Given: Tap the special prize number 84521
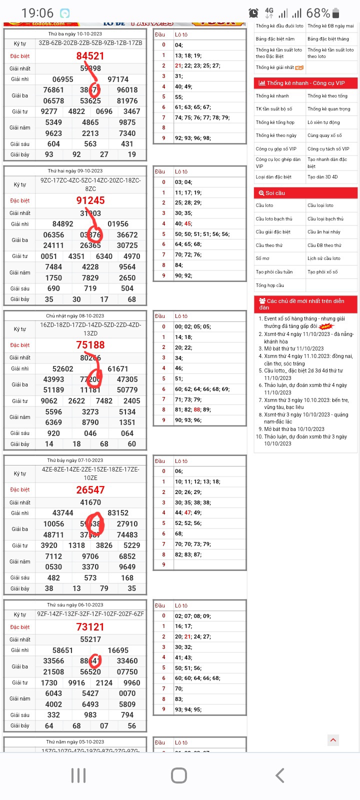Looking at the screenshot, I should click(90, 56).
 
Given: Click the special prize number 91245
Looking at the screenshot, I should click(90, 200).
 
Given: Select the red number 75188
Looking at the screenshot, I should click(90, 345).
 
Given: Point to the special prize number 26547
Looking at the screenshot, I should click(90, 490).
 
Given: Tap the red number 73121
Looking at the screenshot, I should click(90, 627).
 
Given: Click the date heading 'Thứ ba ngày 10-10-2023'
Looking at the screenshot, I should click(75, 34).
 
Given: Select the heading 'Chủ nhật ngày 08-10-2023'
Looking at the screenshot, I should click(75, 316).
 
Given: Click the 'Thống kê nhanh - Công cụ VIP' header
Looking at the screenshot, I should click(305, 83).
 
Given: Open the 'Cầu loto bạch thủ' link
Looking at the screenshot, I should click(274, 219).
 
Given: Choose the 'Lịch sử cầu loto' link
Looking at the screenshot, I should click(324, 258).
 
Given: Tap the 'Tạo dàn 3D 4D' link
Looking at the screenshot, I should click(322, 176).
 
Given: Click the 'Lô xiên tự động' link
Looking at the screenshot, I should click(323, 122).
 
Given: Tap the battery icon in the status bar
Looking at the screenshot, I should click(335, 13).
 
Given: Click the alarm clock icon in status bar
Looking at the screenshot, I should click(254, 13).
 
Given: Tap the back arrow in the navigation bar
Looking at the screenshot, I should click(280, 775).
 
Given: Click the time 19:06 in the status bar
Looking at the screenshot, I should click(37, 13).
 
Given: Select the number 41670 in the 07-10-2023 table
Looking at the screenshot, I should click(90, 502).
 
